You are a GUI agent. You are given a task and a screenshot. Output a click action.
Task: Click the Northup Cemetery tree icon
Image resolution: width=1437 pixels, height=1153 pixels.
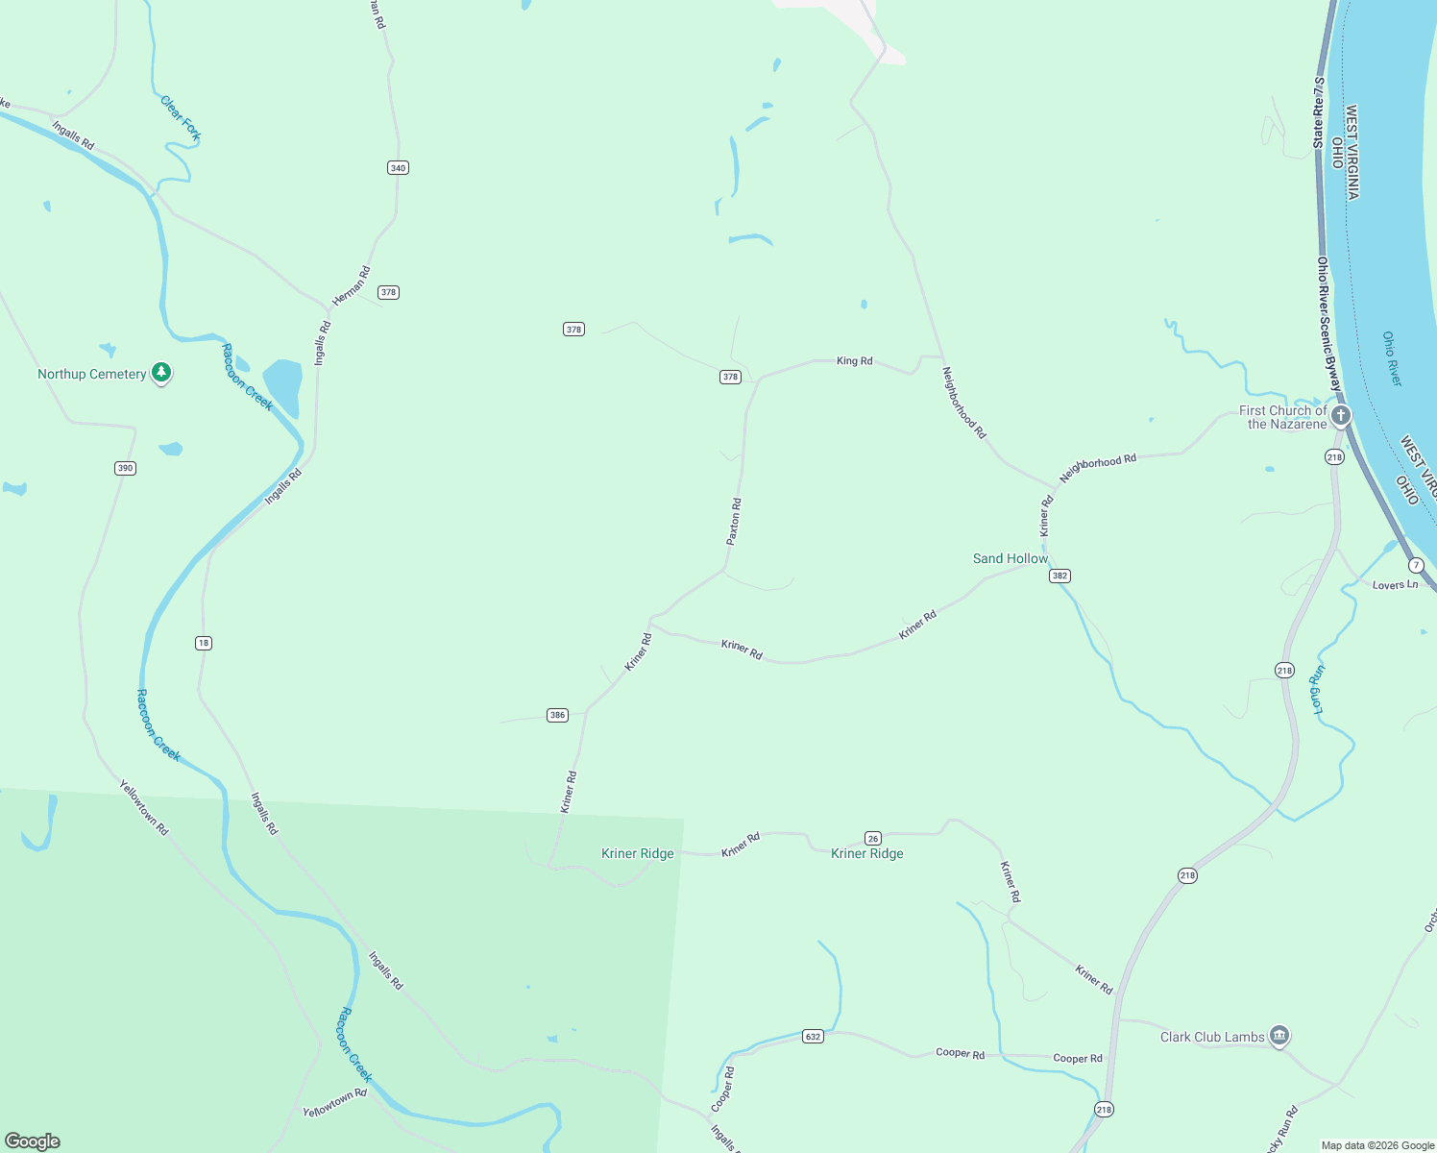coord(161,372)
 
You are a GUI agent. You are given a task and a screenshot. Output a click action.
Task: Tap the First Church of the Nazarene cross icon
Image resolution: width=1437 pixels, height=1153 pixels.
coord(1341,416)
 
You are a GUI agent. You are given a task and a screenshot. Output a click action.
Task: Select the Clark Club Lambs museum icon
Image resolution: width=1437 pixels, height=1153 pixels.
coord(1279,1036)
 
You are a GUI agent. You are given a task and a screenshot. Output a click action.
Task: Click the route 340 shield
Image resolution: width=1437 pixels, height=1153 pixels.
coord(398,168)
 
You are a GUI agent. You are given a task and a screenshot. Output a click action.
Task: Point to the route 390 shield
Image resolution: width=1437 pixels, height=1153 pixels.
coord(125,469)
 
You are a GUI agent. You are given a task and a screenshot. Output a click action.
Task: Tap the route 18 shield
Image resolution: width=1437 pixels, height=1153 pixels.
coord(204,643)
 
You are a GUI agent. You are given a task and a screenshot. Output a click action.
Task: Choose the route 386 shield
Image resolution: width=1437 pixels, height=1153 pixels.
coord(557,715)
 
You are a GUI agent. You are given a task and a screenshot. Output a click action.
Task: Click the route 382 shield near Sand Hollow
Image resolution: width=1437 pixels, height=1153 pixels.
coord(1059,576)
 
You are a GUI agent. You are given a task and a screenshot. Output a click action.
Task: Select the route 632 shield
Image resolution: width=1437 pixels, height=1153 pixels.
coord(814,1037)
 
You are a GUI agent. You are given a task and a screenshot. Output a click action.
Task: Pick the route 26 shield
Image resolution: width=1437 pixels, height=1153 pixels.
coord(873,838)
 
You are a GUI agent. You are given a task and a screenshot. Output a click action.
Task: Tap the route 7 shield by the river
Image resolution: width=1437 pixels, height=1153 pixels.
coord(1416,565)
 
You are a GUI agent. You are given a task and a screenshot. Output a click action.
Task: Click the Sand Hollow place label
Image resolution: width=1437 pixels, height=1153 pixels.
coord(1011,558)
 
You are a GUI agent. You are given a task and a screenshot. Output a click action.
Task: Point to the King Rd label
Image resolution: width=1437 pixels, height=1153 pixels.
coord(854,361)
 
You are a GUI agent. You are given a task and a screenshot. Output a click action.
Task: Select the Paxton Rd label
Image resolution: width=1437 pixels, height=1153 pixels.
coord(734,522)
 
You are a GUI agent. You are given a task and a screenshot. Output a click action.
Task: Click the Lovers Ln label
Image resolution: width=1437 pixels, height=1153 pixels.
coord(1395,585)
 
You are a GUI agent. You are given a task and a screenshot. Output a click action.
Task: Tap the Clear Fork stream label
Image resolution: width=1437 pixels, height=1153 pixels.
coord(181,118)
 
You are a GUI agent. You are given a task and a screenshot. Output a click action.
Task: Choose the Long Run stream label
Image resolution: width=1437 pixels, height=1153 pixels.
coord(1318,689)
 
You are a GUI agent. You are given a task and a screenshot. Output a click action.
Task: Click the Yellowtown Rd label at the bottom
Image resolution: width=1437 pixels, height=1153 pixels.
coord(334,1102)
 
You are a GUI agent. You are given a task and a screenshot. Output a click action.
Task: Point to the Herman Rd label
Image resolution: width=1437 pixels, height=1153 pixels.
coord(351,286)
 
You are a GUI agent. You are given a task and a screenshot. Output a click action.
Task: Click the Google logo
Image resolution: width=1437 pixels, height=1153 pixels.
coord(33,1141)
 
